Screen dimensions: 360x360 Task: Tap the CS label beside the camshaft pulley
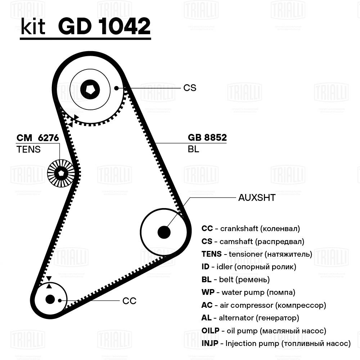click(190, 87)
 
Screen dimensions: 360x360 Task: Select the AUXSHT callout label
click(257, 198)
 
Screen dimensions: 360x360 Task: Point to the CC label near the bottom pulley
click(129, 301)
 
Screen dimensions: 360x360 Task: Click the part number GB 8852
click(207, 138)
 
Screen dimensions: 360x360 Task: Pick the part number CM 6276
click(38, 138)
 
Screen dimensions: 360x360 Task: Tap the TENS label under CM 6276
click(28, 149)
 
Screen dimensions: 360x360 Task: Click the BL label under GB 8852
click(193, 149)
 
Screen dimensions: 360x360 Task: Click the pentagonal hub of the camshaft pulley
click(90, 88)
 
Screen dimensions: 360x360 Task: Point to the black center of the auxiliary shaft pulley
click(164, 232)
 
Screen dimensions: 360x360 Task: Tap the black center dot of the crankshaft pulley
click(50, 299)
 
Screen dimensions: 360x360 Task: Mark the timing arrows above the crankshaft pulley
click(49, 282)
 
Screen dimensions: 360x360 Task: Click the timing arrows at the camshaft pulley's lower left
click(73, 121)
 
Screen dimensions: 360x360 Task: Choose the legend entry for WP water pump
click(248, 292)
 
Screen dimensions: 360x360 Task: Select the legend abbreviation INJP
click(210, 343)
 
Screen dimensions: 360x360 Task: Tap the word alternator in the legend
click(233, 318)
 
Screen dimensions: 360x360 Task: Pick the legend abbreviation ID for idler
click(205, 267)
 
